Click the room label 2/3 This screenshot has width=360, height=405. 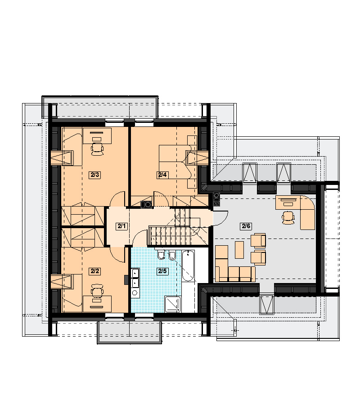click(x=95, y=175)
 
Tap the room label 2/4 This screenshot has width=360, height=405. click(x=162, y=175)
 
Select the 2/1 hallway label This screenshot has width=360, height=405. click(x=121, y=226)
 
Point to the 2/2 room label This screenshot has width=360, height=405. click(x=95, y=271)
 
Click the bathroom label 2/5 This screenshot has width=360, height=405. click(x=162, y=271)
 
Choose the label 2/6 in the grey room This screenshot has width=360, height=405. click(x=246, y=226)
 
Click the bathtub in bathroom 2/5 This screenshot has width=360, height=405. click(x=188, y=266)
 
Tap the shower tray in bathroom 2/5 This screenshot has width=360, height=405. click(x=173, y=304)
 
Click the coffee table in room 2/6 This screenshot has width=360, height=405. click(x=239, y=250)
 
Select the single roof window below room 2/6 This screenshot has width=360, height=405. click(x=267, y=304)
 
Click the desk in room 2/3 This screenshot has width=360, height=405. click(x=97, y=135)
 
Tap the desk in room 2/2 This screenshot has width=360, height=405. click(x=97, y=304)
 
